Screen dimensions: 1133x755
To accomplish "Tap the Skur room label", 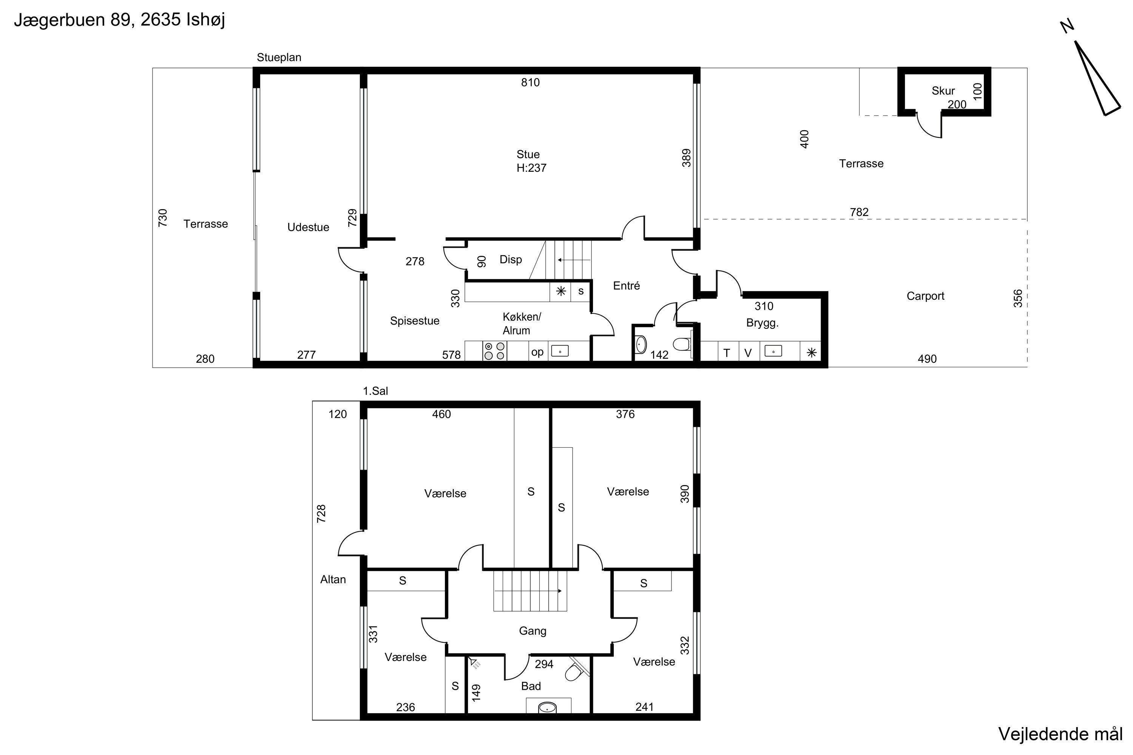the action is (943, 91).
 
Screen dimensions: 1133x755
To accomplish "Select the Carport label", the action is (925, 296).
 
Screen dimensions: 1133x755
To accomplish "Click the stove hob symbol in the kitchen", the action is (494, 351).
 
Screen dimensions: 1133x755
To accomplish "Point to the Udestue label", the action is (308, 227).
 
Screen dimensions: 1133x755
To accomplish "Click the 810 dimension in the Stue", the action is (530, 82).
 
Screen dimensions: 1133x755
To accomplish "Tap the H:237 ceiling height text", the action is (531, 168).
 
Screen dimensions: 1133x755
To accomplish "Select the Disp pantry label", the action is (511, 260).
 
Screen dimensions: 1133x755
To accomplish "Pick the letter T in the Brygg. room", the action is (726, 353).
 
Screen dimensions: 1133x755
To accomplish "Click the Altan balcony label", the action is (333, 580).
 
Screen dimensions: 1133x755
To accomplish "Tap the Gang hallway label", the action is (532, 631).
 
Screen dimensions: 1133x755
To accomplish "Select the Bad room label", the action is (531, 686).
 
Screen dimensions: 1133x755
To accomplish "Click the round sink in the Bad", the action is (547, 707).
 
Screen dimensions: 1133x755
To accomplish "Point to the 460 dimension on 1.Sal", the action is (441, 414).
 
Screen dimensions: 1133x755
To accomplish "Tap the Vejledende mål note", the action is (1060, 734).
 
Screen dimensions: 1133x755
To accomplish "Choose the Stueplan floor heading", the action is (279, 58).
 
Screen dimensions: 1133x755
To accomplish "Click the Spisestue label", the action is (415, 321).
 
